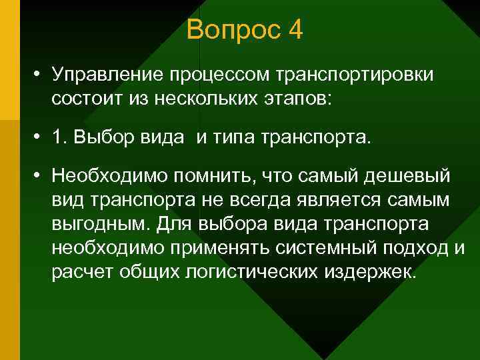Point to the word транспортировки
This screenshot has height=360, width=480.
pos(357,75)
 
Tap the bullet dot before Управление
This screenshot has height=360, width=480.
pos(41,75)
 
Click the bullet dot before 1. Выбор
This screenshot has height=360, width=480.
pos(41,137)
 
